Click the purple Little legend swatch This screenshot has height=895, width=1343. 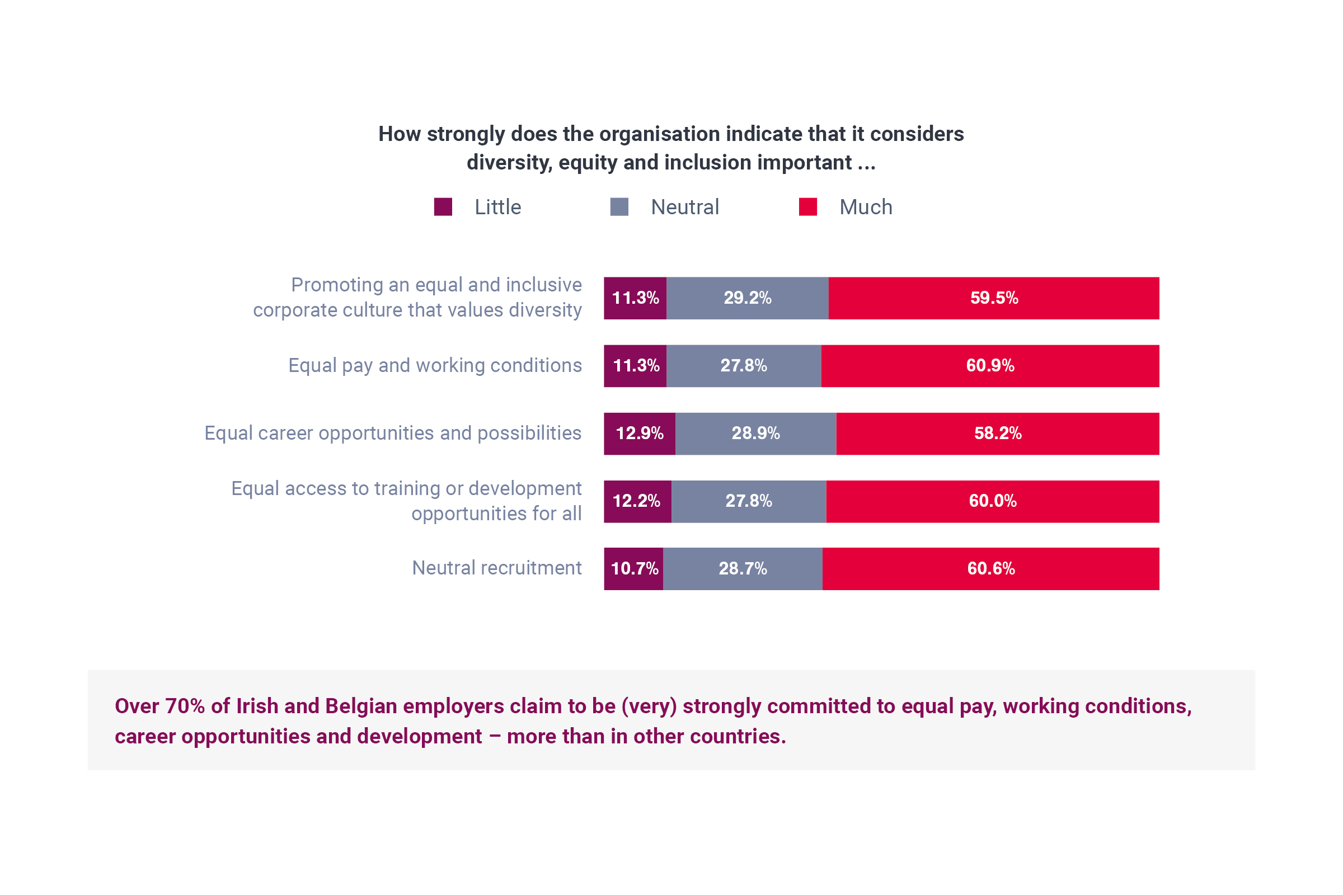443,206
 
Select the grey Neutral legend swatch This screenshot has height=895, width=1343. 619,206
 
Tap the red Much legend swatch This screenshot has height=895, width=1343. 807,206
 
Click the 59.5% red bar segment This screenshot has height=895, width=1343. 994,298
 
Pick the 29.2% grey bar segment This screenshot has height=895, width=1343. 748,298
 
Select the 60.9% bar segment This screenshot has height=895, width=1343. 990,366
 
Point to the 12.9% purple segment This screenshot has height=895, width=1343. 640,433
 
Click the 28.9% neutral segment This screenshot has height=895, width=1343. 755,433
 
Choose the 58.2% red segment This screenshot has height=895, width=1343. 998,433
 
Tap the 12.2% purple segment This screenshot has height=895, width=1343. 637,501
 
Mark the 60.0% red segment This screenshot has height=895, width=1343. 992,501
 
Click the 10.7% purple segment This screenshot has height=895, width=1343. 634,568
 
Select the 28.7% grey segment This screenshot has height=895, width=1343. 743,568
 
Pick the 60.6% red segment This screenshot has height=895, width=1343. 990,568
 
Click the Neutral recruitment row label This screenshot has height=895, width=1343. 497,568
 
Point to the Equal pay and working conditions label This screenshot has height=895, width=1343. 435,365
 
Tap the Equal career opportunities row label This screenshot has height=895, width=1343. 393,433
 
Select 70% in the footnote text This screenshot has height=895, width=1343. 185,706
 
